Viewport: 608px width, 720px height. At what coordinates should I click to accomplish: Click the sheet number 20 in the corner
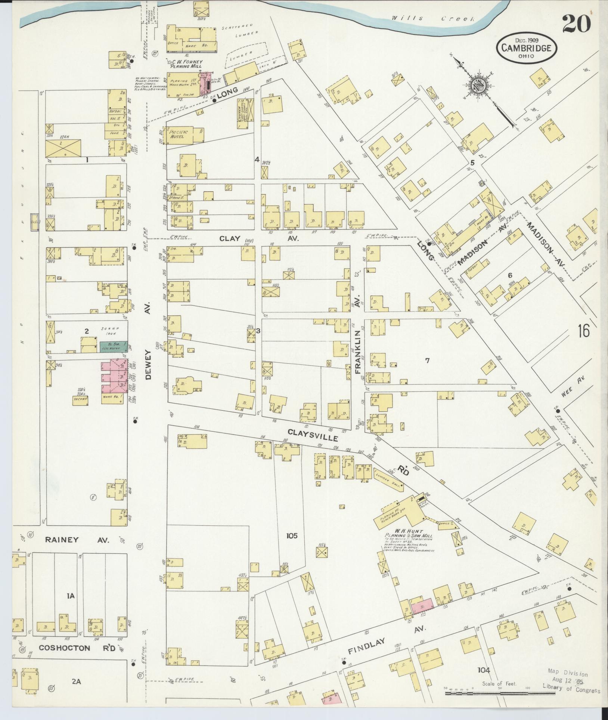pyautogui.click(x=577, y=24)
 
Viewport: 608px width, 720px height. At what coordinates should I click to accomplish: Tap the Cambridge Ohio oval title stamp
pyautogui.click(x=526, y=47)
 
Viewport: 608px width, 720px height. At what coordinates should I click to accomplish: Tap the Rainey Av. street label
pyautogui.click(x=77, y=540)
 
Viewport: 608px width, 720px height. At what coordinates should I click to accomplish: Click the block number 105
pyautogui.click(x=292, y=536)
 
